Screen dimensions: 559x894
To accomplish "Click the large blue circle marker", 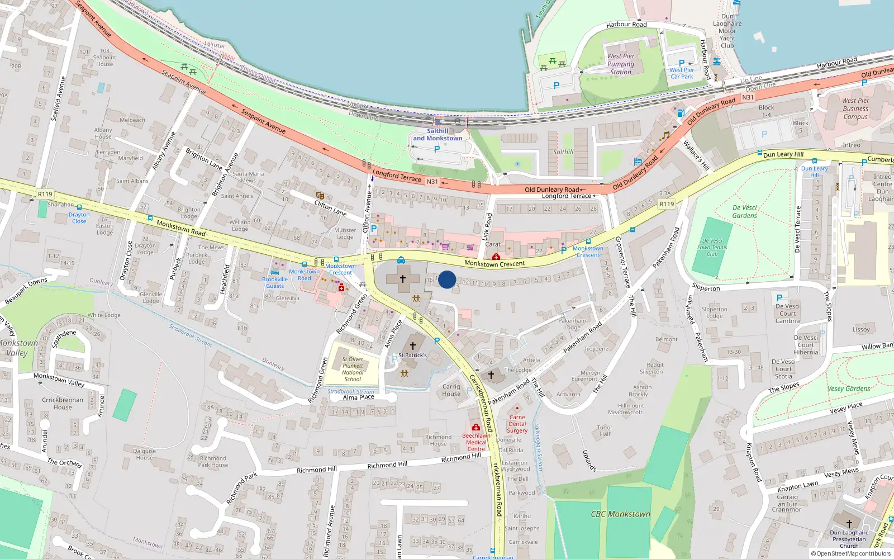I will pos(447,279).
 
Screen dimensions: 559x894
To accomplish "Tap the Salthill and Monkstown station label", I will pos(438,135).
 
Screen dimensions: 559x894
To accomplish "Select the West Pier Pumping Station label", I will pos(621,64).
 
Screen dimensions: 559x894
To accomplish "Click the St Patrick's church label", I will pos(412,355).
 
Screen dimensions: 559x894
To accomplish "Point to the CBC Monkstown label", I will pos(620,514).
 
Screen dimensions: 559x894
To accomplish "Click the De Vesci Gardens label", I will pos(744,211).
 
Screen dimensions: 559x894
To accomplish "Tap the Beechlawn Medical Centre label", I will pos(476,442).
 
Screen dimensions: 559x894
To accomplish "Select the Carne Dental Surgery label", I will pos(517,424).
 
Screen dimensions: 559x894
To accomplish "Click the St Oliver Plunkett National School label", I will pos(353,369).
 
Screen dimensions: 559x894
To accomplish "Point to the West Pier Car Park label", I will pos(682,73).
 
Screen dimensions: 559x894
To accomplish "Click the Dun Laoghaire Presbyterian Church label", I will pos(849,539).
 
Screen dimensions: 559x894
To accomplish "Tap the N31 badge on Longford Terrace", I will pos(432,182).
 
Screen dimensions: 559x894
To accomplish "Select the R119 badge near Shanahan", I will pos(45,194).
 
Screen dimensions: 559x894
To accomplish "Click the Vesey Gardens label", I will pos(849,389).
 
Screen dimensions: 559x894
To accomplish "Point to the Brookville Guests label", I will pos(275,282).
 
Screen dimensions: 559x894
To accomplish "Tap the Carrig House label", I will pos(451,390).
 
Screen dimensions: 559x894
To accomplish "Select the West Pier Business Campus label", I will pos(855,108).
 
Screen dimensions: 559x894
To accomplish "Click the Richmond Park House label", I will pos(213,461).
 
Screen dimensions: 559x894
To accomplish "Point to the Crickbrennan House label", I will pos(63,403).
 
